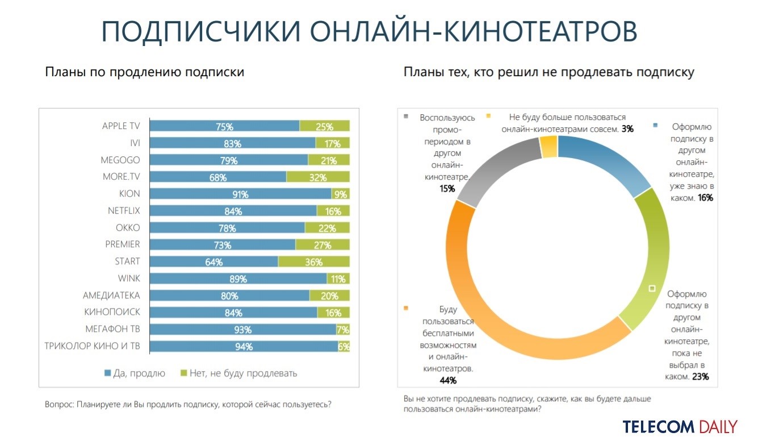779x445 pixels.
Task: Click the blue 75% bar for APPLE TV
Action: pyautogui.click(x=225, y=126)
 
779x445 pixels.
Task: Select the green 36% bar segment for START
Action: pyautogui.click(x=313, y=261)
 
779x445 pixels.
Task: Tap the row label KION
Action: pyautogui.click(x=129, y=194)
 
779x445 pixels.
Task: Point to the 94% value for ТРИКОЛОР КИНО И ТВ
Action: pyautogui.click(x=244, y=346)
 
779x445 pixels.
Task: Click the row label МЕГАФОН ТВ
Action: pyautogui.click(x=112, y=329)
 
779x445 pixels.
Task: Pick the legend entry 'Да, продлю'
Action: pyautogui.click(x=135, y=373)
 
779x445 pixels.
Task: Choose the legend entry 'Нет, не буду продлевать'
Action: pyautogui.click(x=238, y=373)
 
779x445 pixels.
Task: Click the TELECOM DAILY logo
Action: pyautogui.click(x=679, y=427)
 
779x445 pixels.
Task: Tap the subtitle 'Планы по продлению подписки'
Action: pyautogui.click(x=144, y=73)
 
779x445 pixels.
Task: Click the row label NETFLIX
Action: pyautogui.click(x=124, y=211)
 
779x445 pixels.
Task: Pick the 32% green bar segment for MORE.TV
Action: pyautogui.click(x=317, y=177)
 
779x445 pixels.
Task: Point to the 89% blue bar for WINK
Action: pyautogui.click(x=238, y=278)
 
